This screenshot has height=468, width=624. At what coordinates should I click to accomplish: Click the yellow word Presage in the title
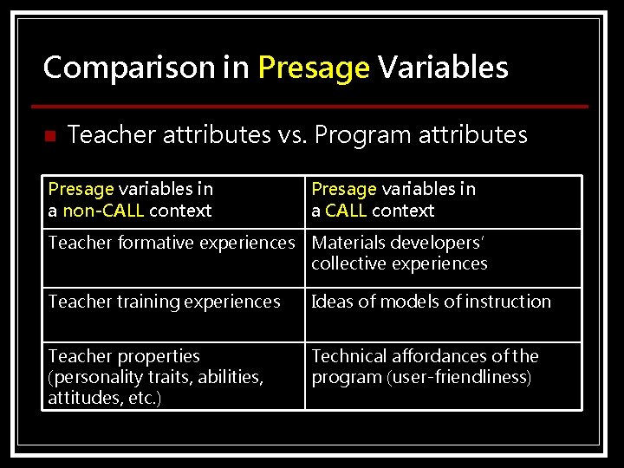[x=314, y=68]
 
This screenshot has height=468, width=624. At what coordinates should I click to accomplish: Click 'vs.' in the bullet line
[x=291, y=135]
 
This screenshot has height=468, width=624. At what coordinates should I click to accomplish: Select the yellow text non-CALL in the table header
[x=104, y=211]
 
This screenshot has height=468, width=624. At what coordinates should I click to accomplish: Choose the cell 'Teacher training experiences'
[x=164, y=302]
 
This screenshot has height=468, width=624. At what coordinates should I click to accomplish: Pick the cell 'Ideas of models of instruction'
[x=431, y=302]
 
